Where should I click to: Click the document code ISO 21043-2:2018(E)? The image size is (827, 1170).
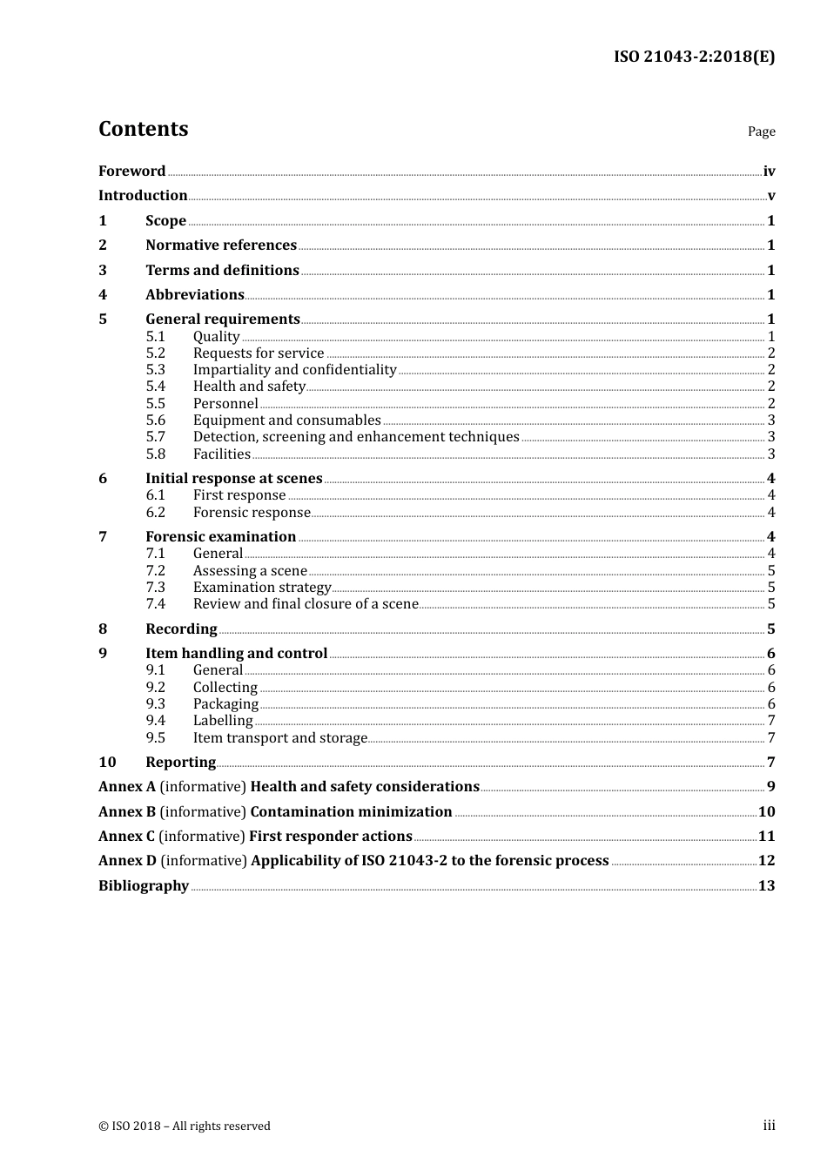[694, 57]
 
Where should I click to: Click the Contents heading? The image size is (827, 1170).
[143, 129]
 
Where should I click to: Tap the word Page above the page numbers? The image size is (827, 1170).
[761, 131]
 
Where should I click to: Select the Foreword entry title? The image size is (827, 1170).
[131, 171]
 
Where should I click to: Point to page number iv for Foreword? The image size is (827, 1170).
[769, 171]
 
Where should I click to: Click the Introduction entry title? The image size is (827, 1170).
[143, 196]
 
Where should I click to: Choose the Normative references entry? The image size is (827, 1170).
[221, 245]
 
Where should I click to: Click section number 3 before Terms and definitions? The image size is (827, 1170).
[103, 271]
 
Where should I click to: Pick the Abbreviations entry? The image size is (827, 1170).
[195, 295]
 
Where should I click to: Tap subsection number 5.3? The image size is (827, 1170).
[156, 370]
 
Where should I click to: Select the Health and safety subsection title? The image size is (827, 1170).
[249, 387]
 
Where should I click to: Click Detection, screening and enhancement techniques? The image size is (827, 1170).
[356, 437]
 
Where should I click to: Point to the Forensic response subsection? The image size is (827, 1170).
[252, 513]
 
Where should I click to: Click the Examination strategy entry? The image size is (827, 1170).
[262, 588]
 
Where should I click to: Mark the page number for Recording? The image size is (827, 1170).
[770, 629]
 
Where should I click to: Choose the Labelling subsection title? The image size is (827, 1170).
[223, 721]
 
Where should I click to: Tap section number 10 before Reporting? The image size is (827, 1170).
[107, 763]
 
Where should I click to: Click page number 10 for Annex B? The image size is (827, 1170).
[766, 812]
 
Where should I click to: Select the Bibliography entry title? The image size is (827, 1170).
[144, 886]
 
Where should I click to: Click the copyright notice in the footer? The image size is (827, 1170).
[185, 1126]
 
